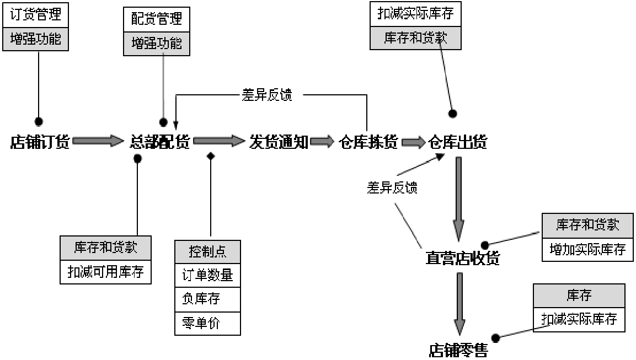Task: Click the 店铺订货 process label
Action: pos(40,142)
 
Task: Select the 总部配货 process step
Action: pos(160,142)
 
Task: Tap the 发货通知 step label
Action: pos(279,142)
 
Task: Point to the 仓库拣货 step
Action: pos(368,142)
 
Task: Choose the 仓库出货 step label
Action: pos(458,142)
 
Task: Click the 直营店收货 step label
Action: pos(462,258)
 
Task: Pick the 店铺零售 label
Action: pos(458,350)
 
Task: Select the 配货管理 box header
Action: pos(156,20)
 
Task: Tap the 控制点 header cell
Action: pos(207,252)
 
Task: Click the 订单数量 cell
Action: pos(207,275)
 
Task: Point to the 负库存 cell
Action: pos(207,299)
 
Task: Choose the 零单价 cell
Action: pos(207,323)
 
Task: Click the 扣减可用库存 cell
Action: pos(105,272)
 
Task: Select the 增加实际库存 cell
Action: pos(587,250)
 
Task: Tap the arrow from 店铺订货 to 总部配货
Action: pos(98,141)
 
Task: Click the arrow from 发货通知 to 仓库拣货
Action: pos(323,142)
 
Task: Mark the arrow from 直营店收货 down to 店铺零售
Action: pos(459,303)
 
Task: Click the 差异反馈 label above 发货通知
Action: pos(267,95)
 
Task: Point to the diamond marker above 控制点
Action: pos(210,157)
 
